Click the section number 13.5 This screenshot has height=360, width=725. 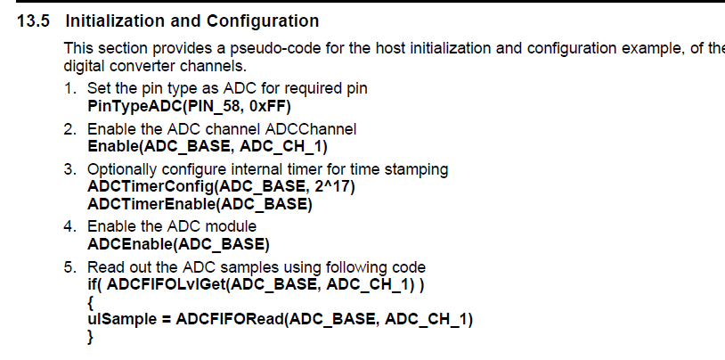point(37,20)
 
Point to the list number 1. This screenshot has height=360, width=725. point(69,89)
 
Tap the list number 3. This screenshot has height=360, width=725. point(69,169)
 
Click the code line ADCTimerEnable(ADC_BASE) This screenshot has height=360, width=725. point(200,205)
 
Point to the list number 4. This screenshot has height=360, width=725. point(69,227)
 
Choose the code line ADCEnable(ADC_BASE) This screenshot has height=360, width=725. point(178,244)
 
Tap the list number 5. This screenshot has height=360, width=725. point(69,267)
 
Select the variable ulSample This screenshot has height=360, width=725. point(123,321)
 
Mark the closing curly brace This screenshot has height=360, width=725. point(90,338)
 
